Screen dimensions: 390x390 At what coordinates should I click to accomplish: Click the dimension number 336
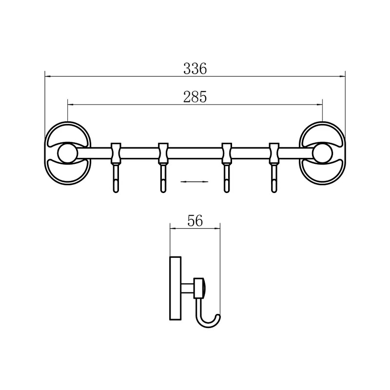pos(195,69)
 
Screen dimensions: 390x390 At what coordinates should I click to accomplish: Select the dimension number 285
pos(195,97)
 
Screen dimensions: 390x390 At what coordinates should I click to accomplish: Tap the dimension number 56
pos(195,221)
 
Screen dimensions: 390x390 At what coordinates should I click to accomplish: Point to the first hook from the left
pos(116,178)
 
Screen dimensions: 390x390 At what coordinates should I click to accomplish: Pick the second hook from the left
pos(163,178)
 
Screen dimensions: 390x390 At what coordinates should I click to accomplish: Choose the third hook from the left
pos(226,178)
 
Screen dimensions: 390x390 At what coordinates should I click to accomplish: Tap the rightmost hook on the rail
pos(274,178)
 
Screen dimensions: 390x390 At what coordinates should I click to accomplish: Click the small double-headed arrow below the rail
pos(194,181)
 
